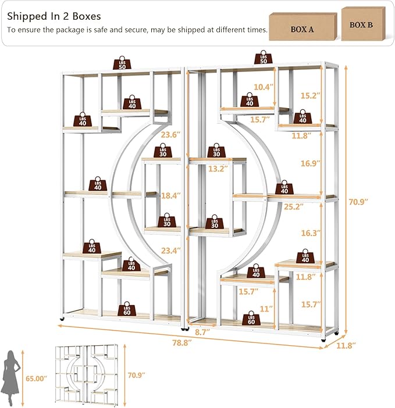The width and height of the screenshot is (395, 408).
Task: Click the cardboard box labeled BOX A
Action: [x=303, y=27]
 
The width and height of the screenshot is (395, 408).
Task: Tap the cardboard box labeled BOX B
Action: [x=363, y=24]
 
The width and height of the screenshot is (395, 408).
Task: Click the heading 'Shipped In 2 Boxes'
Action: [x=54, y=16]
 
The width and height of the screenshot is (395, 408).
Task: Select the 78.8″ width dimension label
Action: [x=182, y=343]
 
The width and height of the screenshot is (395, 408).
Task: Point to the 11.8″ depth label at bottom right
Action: [x=346, y=346]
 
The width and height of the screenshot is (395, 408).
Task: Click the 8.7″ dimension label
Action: [x=202, y=332]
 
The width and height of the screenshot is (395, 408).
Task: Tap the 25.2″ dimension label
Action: [x=293, y=206]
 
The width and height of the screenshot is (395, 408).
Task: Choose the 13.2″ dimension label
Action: [x=218, y=169]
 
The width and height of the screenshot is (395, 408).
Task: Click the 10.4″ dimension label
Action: [x=264, y=87]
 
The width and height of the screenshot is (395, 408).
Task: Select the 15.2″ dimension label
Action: [x=310, y=95]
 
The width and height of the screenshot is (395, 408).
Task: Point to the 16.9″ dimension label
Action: [x=311, y=163]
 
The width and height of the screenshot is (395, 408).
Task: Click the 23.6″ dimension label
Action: [x=170, y=135]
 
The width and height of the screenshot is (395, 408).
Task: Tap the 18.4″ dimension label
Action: [x=171, y=196]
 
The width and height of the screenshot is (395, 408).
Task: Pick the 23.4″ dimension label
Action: [x=171, y=250]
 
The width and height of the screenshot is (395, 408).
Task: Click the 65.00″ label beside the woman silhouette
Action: [x=36, y=378]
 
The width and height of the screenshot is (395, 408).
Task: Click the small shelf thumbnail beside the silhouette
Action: [x=87, y=375]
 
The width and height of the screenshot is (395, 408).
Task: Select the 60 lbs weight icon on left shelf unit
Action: [x=127, y=309]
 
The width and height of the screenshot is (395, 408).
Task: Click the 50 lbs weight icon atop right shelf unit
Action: [x=264, y=57]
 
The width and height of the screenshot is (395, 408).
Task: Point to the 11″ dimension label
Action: [x=266, y=309]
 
